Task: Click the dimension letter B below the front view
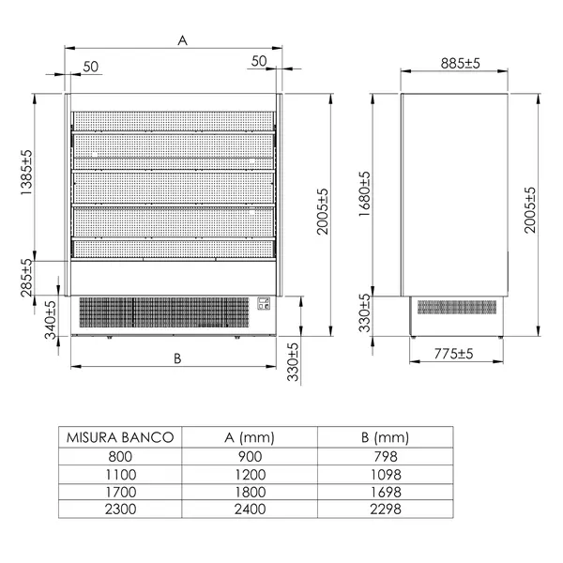coord(176,358)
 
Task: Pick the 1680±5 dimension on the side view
coord(365,194)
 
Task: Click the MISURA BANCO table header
coord(118,437)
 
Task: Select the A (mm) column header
coord(250,437)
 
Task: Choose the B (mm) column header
coord(386,437)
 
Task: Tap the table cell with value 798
coord(386,455)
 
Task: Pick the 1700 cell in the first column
coord(118,491)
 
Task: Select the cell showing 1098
coord(386,473)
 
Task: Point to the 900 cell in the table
coord(250,455)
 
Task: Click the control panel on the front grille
coord(264,304)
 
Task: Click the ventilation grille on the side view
coord(459,308)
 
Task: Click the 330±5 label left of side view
coord(365,313)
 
